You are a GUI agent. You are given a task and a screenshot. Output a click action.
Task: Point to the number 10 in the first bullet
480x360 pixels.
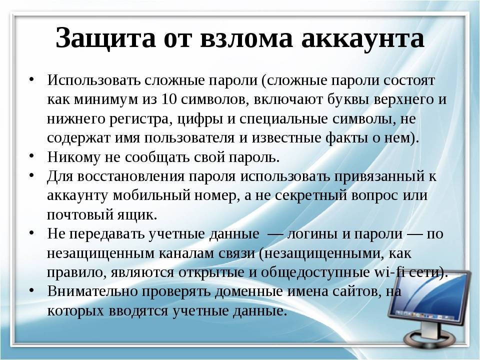(169, 99)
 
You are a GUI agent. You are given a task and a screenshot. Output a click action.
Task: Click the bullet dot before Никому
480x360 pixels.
(31, 156)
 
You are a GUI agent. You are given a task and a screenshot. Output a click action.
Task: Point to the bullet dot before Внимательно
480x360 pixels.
(31, 291)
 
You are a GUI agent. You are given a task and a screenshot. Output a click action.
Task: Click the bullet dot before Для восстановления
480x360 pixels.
(31, 176)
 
